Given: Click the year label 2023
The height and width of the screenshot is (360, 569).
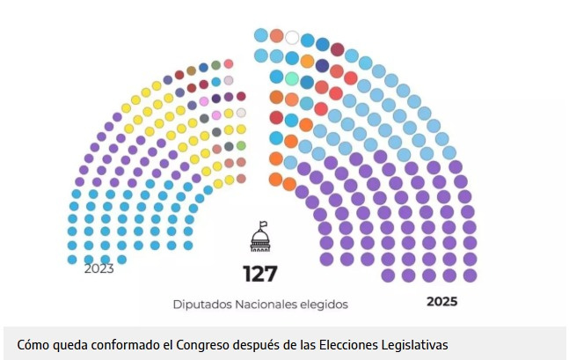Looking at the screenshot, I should (99, 269).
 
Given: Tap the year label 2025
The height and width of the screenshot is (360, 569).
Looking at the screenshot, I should (443, 301).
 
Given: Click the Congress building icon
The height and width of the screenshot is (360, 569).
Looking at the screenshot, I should (260, 238).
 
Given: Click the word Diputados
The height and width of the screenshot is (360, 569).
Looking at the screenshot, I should (201, 305).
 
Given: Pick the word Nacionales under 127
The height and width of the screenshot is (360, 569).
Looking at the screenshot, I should (267, 305).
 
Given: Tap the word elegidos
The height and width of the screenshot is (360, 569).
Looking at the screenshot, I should (326, 305).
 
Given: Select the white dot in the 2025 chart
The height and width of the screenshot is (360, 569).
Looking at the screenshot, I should (292, 38).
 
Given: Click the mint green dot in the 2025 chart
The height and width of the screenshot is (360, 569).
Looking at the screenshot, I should (292, 79).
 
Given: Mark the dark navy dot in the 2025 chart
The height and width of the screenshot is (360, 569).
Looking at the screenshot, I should (322, 65).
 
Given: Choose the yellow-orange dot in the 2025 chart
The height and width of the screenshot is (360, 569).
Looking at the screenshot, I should (307, 61).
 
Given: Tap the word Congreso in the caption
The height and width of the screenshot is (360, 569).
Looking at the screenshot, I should (205, 343).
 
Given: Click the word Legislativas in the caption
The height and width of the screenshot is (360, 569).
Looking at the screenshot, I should (412, 343).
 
